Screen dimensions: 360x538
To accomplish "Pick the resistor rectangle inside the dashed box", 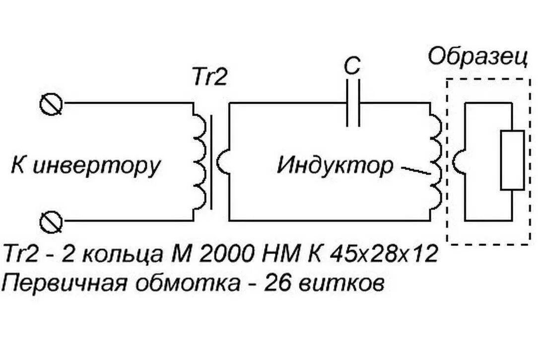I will point(512,160).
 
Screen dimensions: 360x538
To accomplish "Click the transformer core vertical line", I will point(212,161).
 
